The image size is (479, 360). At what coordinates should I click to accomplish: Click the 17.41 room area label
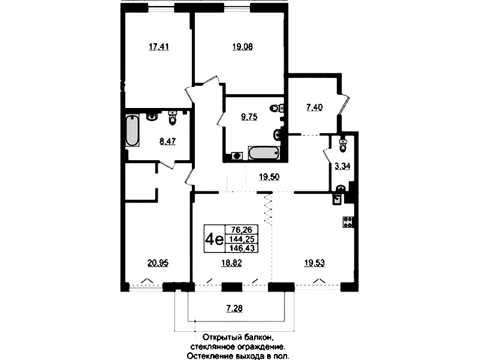click(158, 47)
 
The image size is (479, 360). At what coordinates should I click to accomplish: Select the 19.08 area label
click(242, 47)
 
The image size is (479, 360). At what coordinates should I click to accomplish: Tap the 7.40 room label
click(314, 107)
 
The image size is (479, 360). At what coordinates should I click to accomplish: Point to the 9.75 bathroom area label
click(249, 117)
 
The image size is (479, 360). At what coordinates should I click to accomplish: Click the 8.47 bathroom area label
click(167, 142)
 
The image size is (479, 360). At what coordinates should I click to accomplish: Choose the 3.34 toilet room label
click(342, 166)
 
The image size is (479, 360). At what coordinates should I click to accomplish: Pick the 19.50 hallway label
click(269, 177)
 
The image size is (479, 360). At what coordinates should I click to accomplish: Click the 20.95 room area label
click(158, 263)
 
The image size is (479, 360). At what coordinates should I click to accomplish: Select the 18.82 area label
click(231, 263)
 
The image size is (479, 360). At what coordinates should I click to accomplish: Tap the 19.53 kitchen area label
click(314, 263)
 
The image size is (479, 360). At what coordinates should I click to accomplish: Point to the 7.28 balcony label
click(234, 308)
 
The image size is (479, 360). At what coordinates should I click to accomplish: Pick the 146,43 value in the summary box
click(242, 248)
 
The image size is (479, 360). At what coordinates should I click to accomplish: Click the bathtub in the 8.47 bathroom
click(132, 130)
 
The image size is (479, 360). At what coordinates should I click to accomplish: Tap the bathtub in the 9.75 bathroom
click(264, 153)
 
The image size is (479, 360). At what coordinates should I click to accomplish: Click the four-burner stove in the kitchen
click(348, 222)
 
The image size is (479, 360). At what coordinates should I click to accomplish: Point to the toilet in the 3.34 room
click(344, 145)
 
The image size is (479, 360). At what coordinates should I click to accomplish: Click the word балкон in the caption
click(258, 338)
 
